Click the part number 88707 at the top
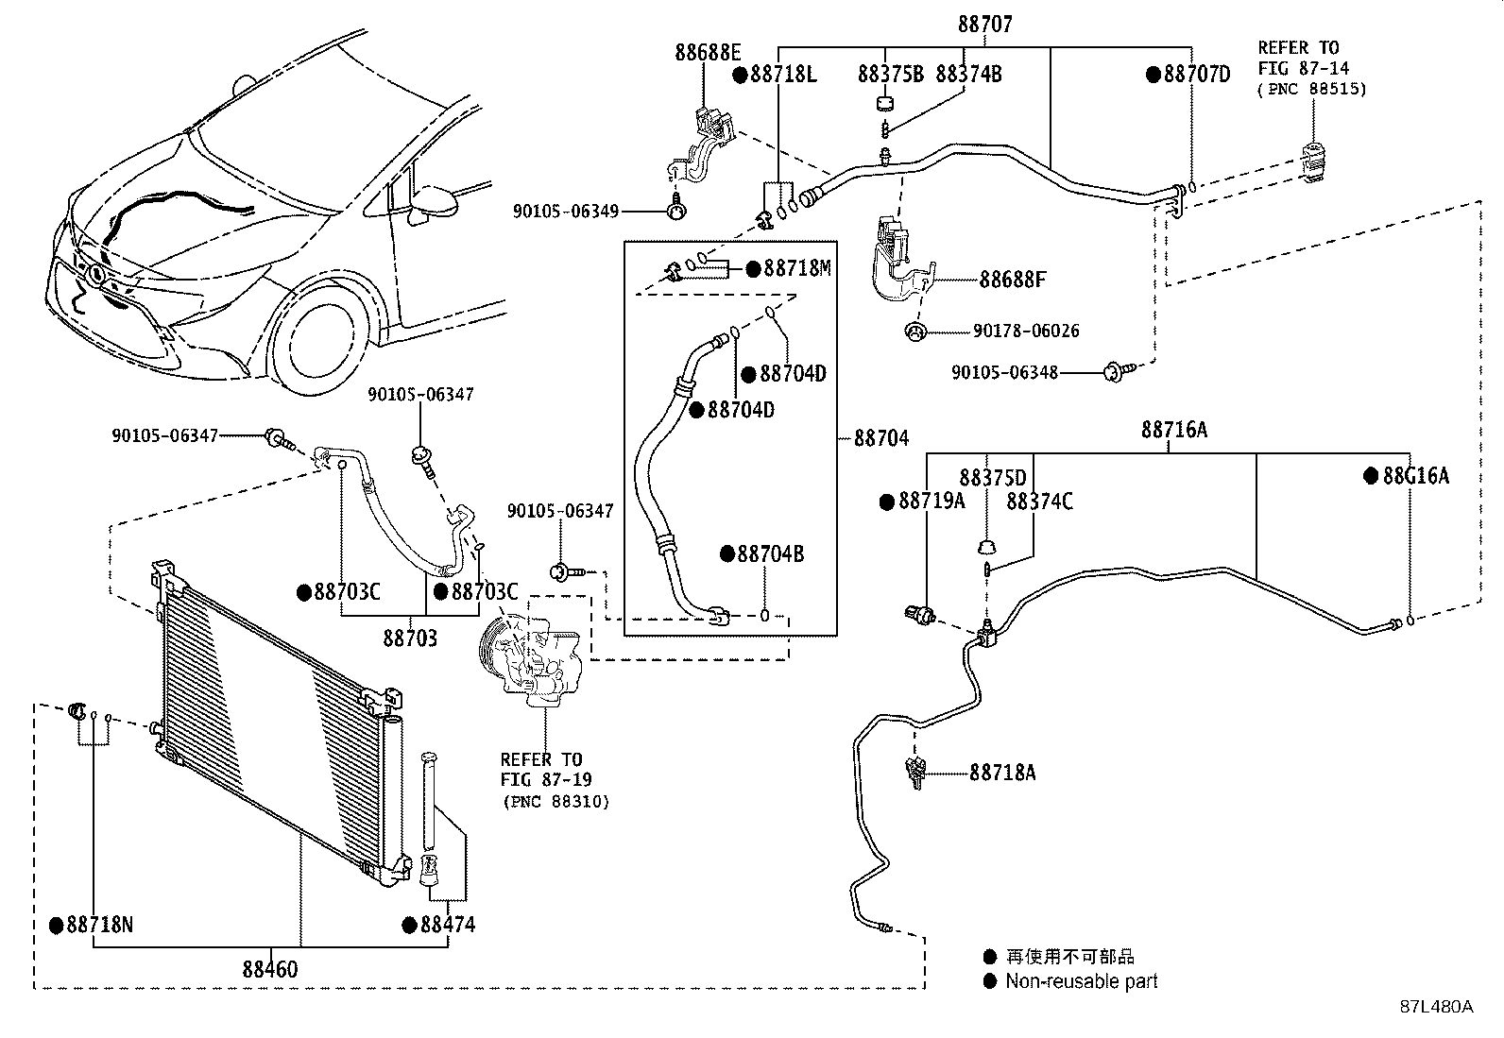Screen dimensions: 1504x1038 click(x=985, y=25)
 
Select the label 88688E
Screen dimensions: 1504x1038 click(x=709, y=52)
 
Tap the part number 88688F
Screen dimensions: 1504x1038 click(x=1013, y=280)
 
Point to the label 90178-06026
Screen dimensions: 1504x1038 click(x=1026, y=331)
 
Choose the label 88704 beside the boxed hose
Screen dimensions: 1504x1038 click(x=880, y=438)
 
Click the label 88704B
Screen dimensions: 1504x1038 click(x=770, y=553)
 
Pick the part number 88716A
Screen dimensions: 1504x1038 click(x=1174, y=429)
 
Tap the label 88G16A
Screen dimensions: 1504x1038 click(x=1416, y=476)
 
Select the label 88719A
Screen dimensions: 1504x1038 click(x=931, y=501)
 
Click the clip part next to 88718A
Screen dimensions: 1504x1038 click(x=914, y=772)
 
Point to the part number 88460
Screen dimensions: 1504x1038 click(x=270, y=969)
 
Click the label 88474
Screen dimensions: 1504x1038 click(x=448, y=926)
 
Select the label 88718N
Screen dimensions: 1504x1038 click(x=100, y=926)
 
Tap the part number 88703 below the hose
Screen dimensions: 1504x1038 click(x=410, y=638)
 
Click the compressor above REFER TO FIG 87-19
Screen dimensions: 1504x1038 click(x=530, y=660)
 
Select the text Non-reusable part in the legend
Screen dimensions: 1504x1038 click(x=1082, y=981)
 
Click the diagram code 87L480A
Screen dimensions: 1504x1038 click(x=1436, y=1007)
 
